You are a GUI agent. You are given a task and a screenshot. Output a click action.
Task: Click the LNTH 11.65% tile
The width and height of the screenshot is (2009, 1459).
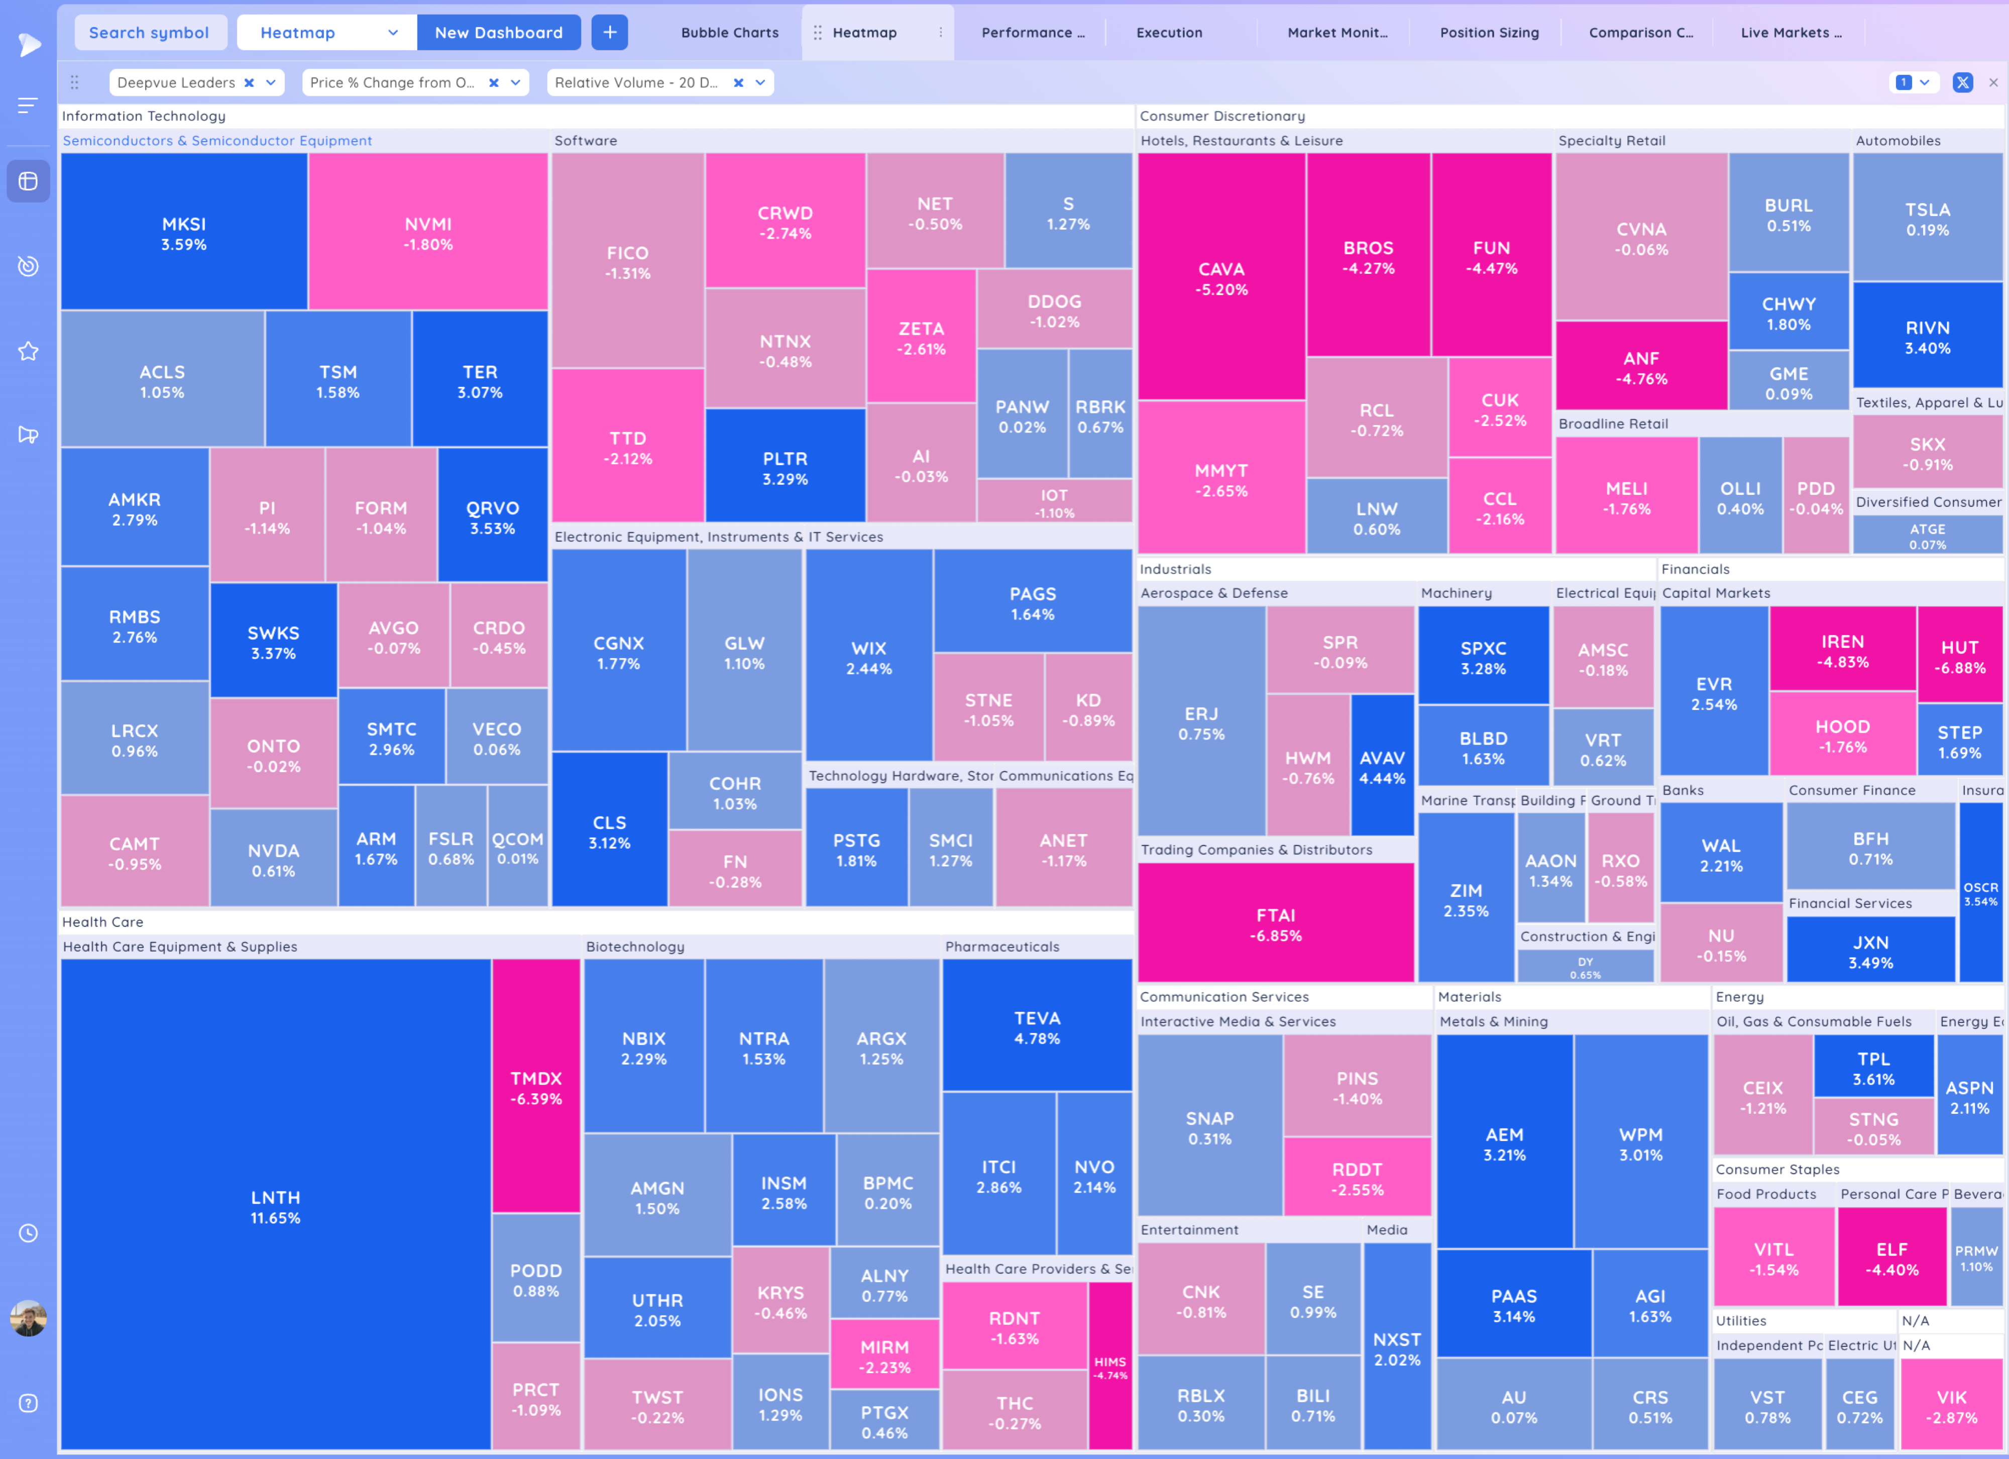point(276,1206)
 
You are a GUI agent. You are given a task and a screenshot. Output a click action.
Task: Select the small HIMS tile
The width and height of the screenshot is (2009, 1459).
point(1110,1367)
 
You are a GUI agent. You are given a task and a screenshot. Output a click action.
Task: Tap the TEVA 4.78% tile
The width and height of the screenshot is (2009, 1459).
point(1036,1027)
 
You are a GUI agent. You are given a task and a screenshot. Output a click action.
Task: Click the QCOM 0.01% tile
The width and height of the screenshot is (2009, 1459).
point(517,847)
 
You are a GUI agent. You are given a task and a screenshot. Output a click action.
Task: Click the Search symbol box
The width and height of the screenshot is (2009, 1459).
point(149,33)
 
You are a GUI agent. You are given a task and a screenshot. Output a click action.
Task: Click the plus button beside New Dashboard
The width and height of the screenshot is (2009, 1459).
point(609,33)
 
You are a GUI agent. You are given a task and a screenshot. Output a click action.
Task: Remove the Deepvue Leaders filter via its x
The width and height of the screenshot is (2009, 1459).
point(249,82)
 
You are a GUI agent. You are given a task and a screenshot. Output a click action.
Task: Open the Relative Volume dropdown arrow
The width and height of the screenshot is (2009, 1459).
point(760,82)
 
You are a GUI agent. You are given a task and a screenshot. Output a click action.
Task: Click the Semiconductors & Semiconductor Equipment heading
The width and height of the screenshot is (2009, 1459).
point(217,141)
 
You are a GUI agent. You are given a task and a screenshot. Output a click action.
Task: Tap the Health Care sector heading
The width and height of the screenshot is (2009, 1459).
point(103,922)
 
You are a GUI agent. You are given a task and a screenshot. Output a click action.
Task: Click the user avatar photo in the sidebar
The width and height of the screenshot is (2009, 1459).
point(28,1318)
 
